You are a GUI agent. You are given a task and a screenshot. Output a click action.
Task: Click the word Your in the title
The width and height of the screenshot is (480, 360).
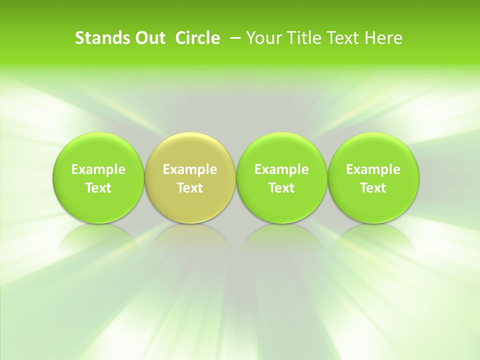pyautogui.click(x=263, y=38)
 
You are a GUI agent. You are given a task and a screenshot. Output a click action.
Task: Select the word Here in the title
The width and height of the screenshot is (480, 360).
pyautogui.click(x=382, y=38)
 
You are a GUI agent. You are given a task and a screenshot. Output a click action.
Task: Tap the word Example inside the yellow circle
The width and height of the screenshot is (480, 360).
pyautogui.click(x=190, y=169)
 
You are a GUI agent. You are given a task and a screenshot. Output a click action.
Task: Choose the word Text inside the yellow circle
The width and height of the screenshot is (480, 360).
pyautogui.click(x=190, y=188)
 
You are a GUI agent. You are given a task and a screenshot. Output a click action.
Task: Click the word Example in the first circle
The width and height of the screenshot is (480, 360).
pyautogui.click(x=98, y=169)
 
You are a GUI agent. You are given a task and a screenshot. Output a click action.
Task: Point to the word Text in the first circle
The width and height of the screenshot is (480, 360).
pyautogui.click(x=98, y=188)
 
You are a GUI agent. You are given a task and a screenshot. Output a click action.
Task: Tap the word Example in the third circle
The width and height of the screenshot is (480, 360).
pyautogui.click(x=281, y=169)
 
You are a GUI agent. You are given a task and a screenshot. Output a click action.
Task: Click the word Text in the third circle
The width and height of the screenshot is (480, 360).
pyautogui.click(x=281, y=188)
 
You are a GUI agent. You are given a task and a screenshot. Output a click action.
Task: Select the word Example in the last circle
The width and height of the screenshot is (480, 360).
pyautogui.click(x=373, y=169)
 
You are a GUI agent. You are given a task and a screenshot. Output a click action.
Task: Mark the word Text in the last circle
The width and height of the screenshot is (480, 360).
pyautogui.click(x=373, y=188)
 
